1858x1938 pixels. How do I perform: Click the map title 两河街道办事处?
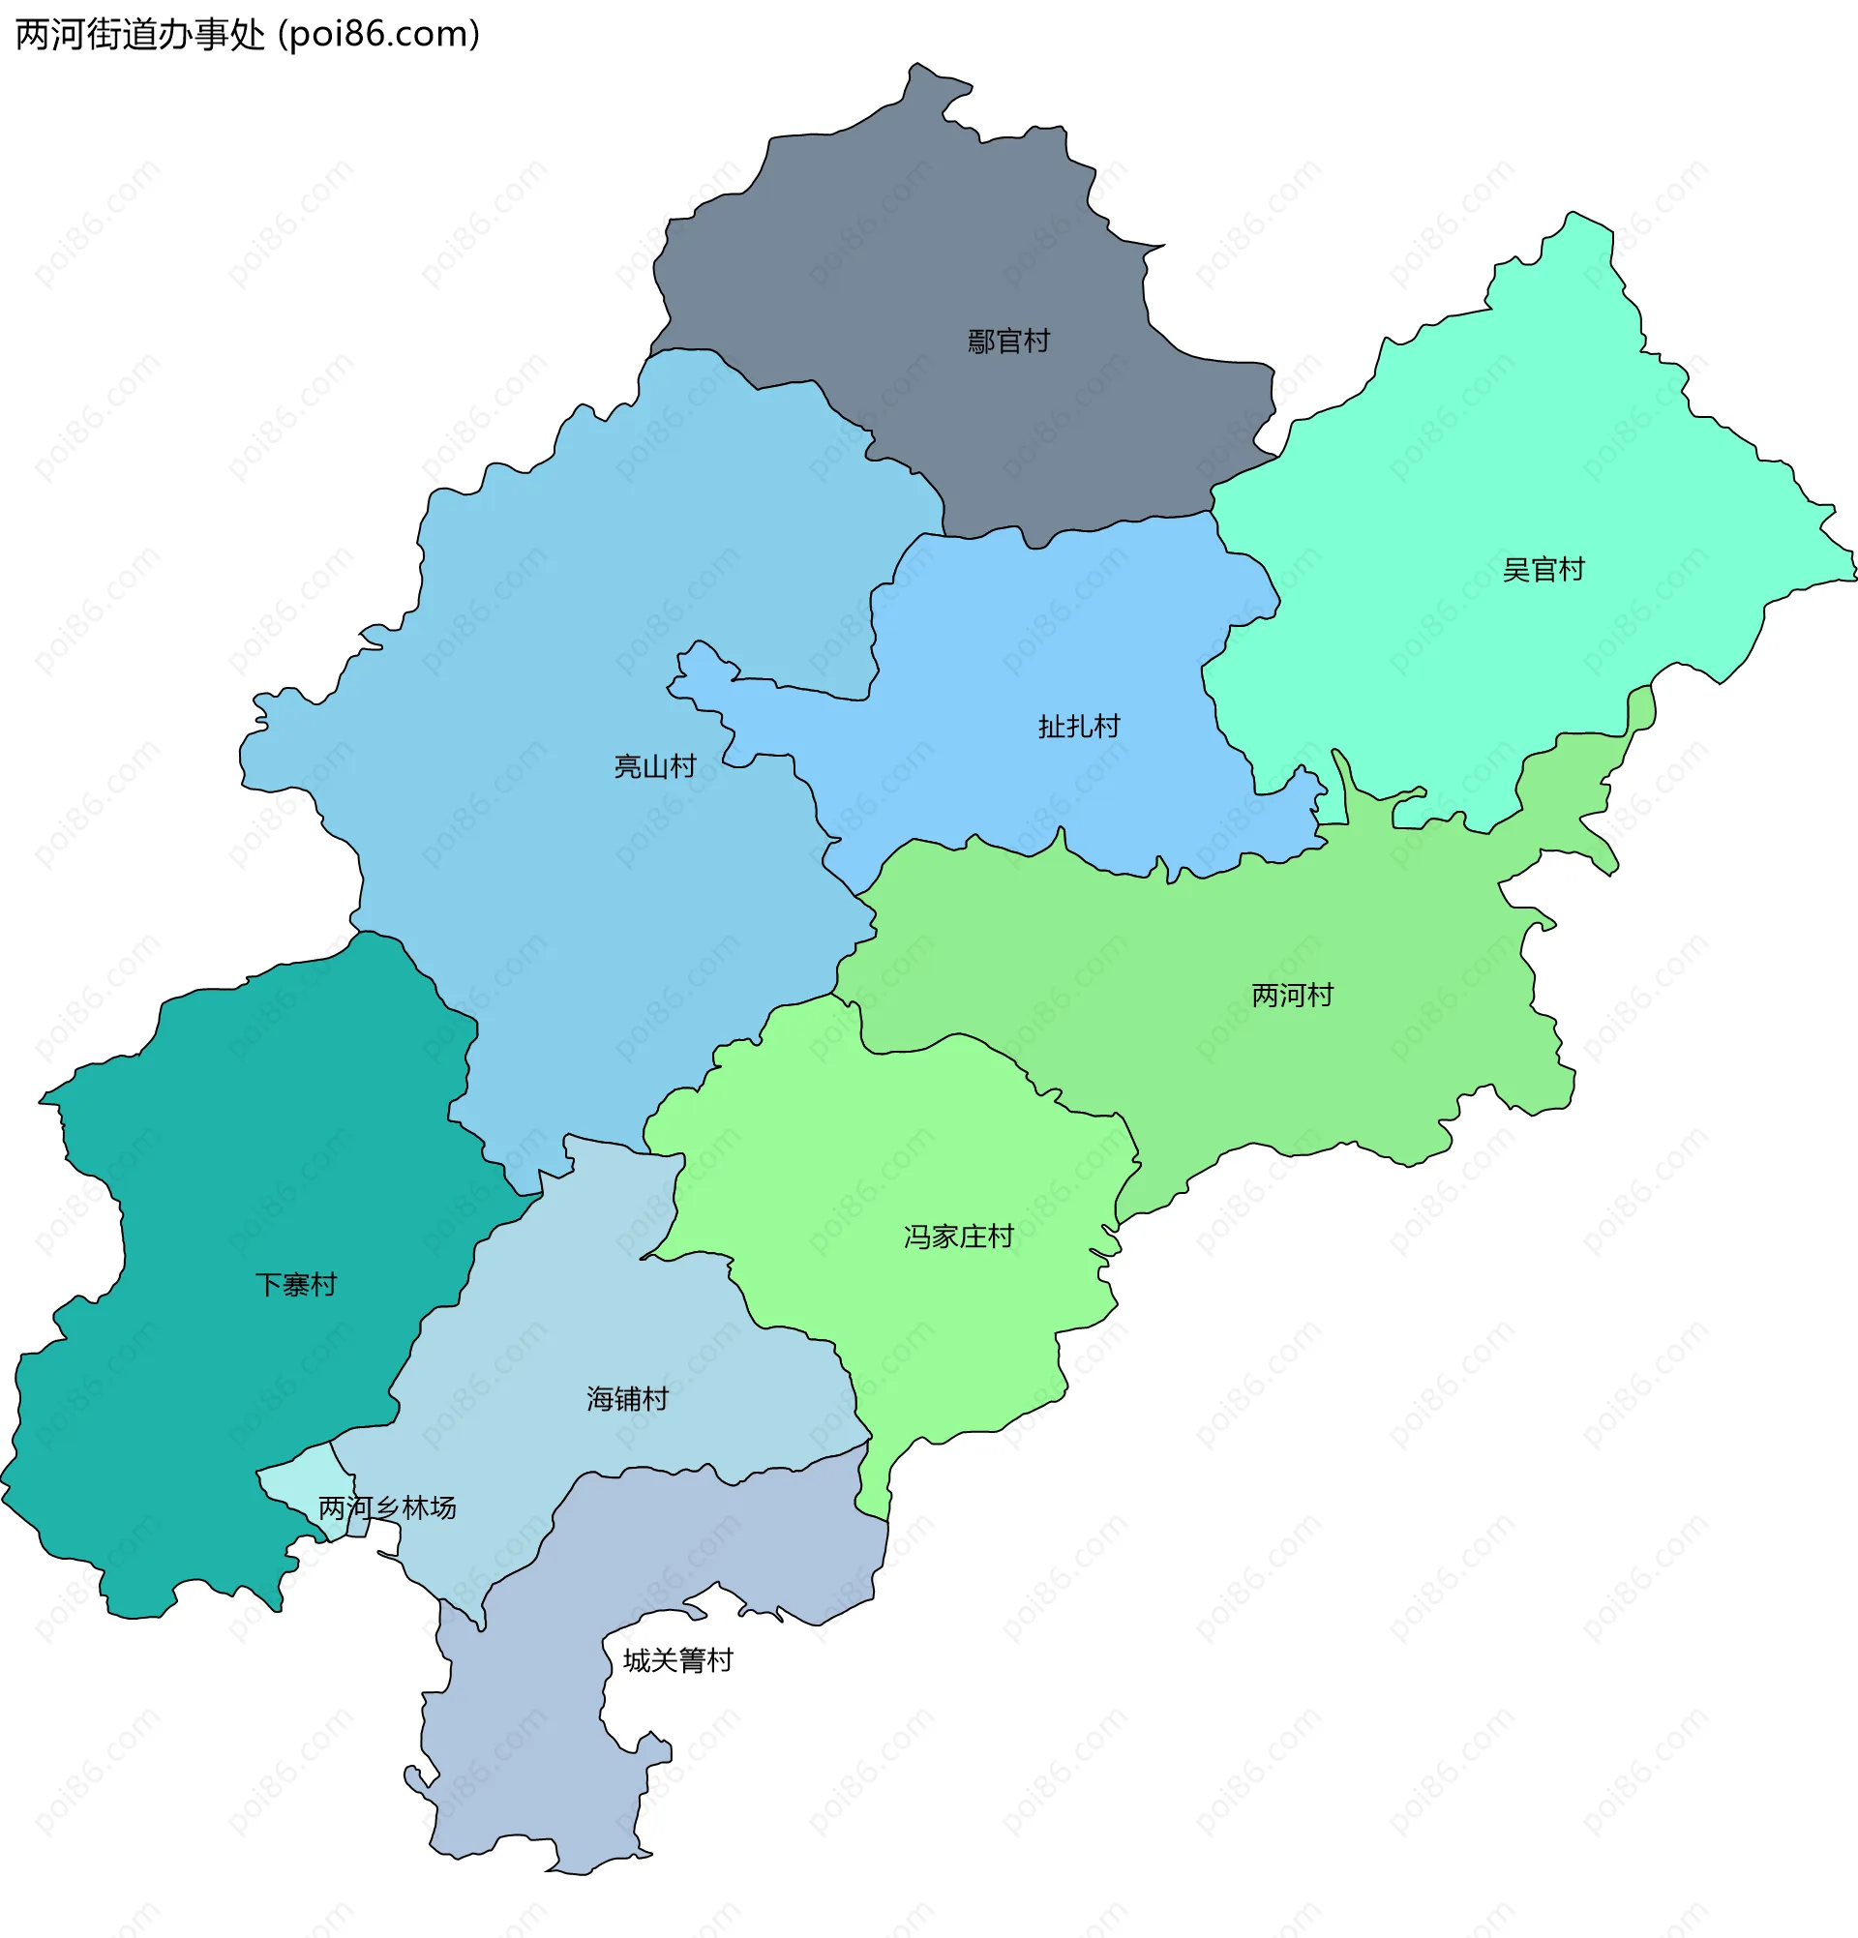point(139,35)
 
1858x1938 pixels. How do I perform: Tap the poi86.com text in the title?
point(378,35)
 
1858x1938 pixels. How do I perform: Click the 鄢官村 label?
point(1007,342)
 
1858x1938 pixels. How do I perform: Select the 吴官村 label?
point(1543,570)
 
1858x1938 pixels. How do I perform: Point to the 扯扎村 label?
point(1078,727)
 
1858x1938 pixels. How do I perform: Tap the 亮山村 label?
point(654,766)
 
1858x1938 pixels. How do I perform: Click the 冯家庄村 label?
point(958,1237)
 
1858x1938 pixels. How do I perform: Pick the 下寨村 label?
point(296,1284)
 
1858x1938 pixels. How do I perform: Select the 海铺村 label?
point(627,1399)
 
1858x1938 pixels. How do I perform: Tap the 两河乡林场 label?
point(387,1507)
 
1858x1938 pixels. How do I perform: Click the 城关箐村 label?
point(677,1660)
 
